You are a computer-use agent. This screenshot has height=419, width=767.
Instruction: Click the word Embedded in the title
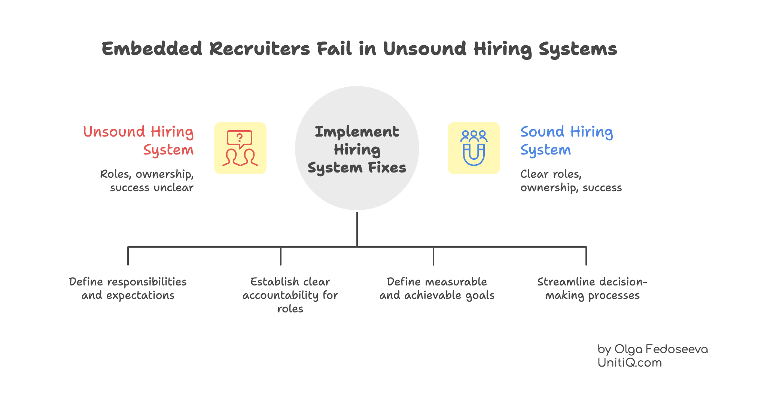point(152,49)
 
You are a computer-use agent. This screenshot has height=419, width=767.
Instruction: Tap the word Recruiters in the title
point(259,49)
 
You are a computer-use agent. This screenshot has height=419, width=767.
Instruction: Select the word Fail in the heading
point(334,49)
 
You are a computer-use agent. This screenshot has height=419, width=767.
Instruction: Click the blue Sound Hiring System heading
point(566,141)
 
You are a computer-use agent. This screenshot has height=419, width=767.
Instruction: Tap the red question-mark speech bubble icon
point(240,148)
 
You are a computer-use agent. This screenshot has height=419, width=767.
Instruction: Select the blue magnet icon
point(474,148)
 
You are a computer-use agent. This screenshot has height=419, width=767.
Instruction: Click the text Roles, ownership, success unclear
point(147,181)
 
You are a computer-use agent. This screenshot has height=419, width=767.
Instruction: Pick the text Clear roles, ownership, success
point(570,181)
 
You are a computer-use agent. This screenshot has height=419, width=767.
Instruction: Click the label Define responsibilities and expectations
point(128,288)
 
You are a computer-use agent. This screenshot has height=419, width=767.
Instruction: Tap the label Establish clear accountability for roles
point(290,295)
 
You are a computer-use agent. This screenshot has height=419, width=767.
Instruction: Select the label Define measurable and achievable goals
point(437,288)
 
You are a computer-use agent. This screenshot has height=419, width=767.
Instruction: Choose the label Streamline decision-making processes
point(592,288)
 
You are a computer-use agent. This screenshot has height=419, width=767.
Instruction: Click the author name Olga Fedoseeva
point(661,349)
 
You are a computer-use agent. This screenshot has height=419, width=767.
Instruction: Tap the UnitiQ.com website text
point(630,363)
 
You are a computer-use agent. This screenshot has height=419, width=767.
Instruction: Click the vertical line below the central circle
point(357,229)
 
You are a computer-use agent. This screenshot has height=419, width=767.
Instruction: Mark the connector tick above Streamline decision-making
point(586,256)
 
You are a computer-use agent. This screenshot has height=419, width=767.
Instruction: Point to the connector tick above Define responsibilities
point(128,256)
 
